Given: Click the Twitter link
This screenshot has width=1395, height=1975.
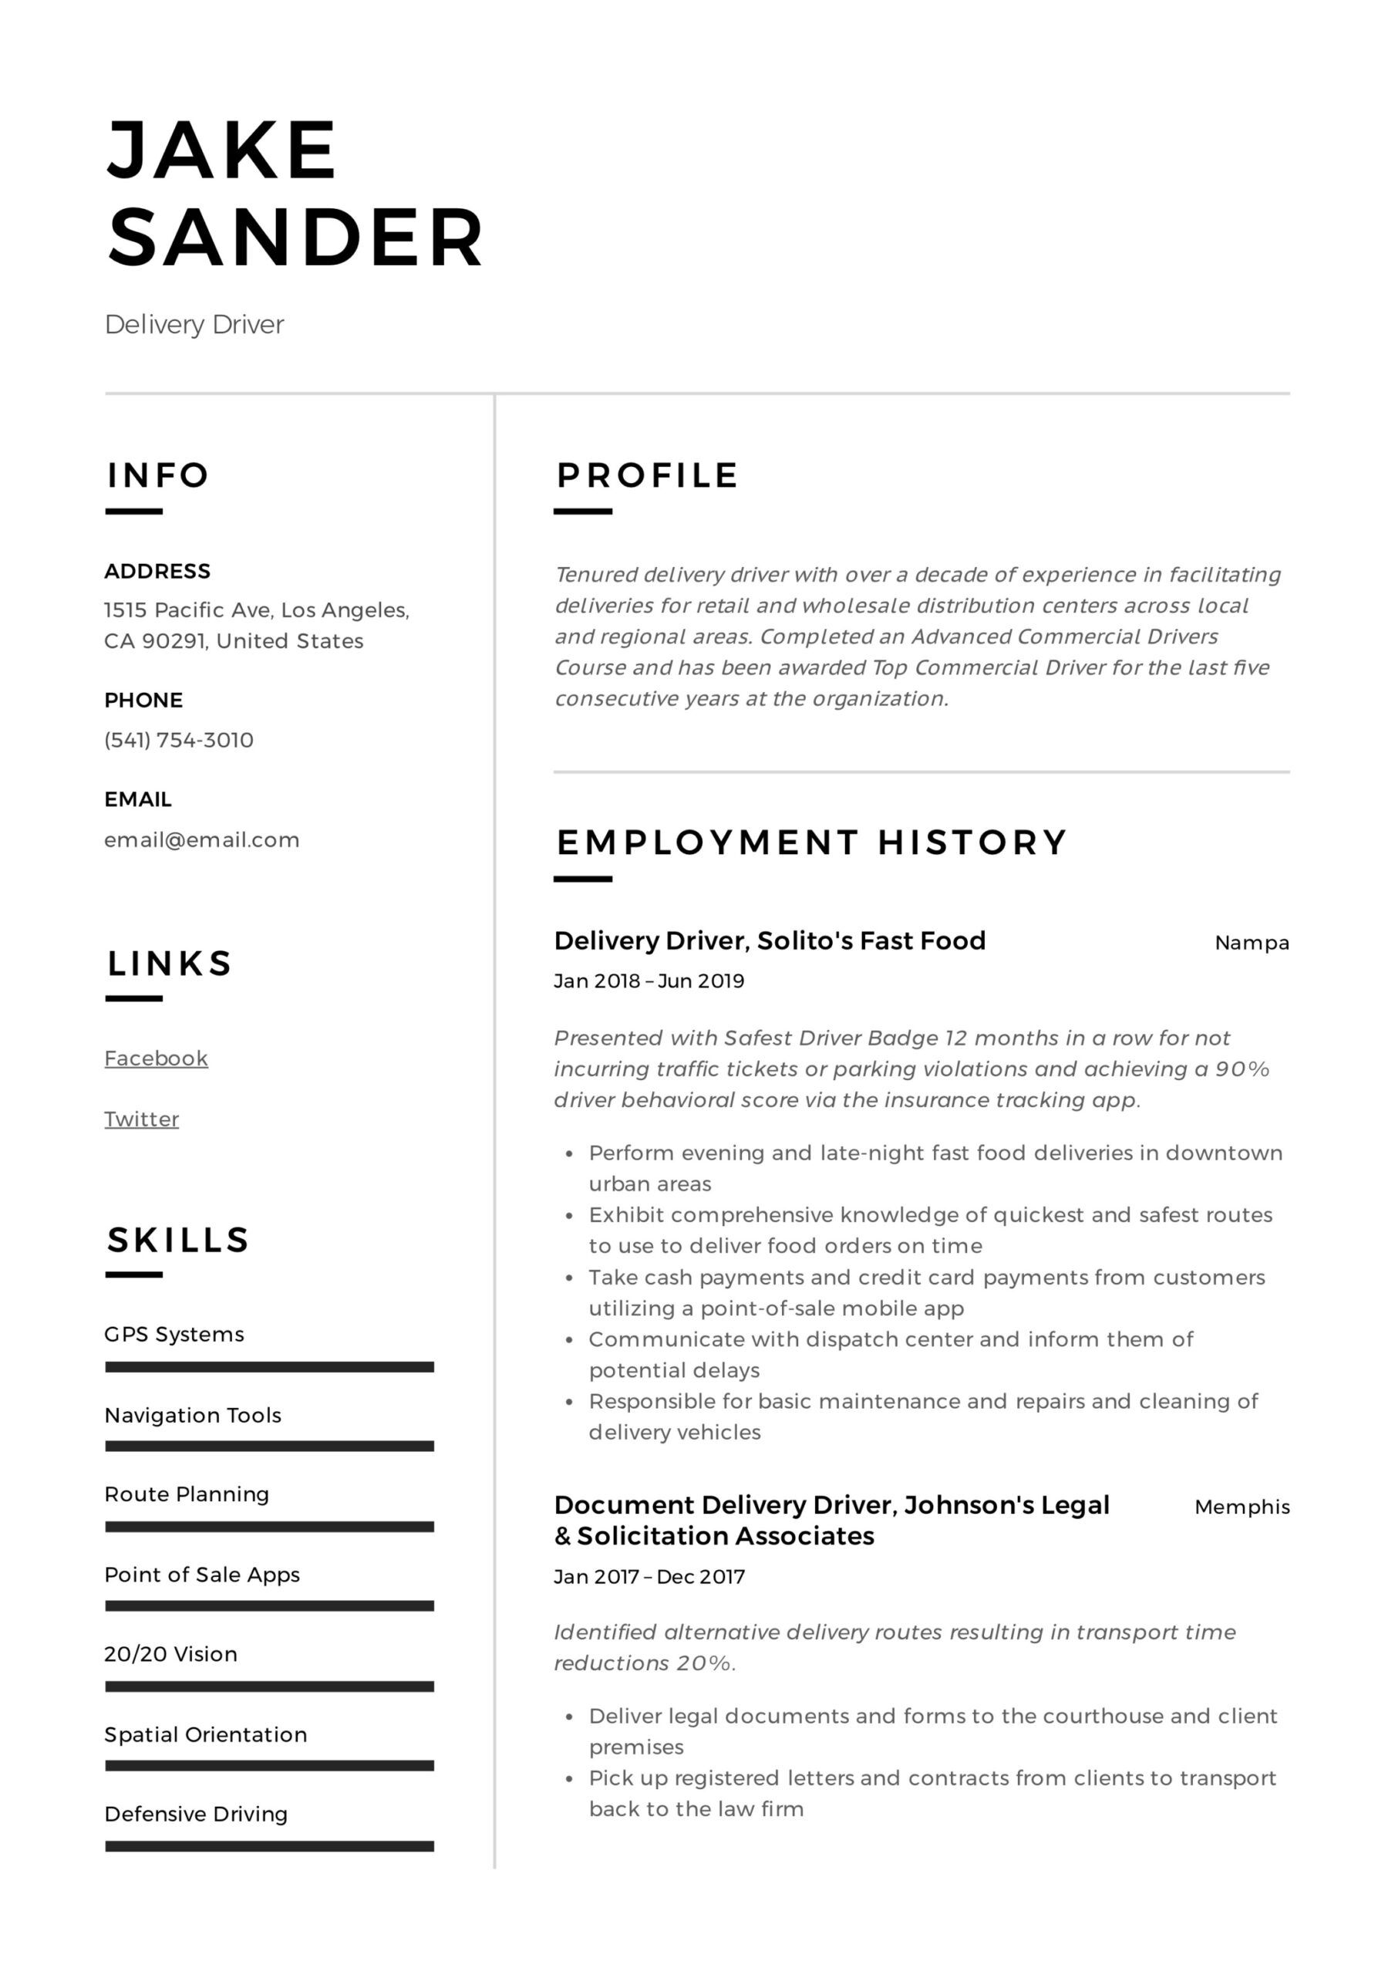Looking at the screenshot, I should tap(141, 1119).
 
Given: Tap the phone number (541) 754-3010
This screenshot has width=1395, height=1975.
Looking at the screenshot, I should tap(179, 740).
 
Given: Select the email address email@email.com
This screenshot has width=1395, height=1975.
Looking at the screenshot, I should tap(201, 839).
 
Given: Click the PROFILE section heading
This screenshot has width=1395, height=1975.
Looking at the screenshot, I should tap(647, 476).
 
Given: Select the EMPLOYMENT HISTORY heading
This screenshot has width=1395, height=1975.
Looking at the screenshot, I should tap(811, 842).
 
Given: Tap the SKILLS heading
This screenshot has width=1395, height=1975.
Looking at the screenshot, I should tap(178, 1241).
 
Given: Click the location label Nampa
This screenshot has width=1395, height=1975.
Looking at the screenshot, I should tap(1252, 943).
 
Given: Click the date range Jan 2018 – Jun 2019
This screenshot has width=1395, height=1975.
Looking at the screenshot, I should tap(649, 981).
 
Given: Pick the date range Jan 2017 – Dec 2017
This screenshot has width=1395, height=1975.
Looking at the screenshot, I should tap(649, 1577).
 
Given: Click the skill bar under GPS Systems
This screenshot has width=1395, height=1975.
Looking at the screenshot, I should tap(269, 1367).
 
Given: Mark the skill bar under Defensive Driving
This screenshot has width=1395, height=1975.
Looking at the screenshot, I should tap(269, 1846).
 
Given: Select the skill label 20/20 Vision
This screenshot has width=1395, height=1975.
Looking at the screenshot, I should tap(170, 1654).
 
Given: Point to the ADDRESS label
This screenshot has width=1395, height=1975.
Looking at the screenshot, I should tap(157, 571).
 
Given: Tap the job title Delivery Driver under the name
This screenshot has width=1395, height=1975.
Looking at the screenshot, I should tap(194, 324).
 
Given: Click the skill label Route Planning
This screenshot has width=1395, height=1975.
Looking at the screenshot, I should tap(187, 1494).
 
